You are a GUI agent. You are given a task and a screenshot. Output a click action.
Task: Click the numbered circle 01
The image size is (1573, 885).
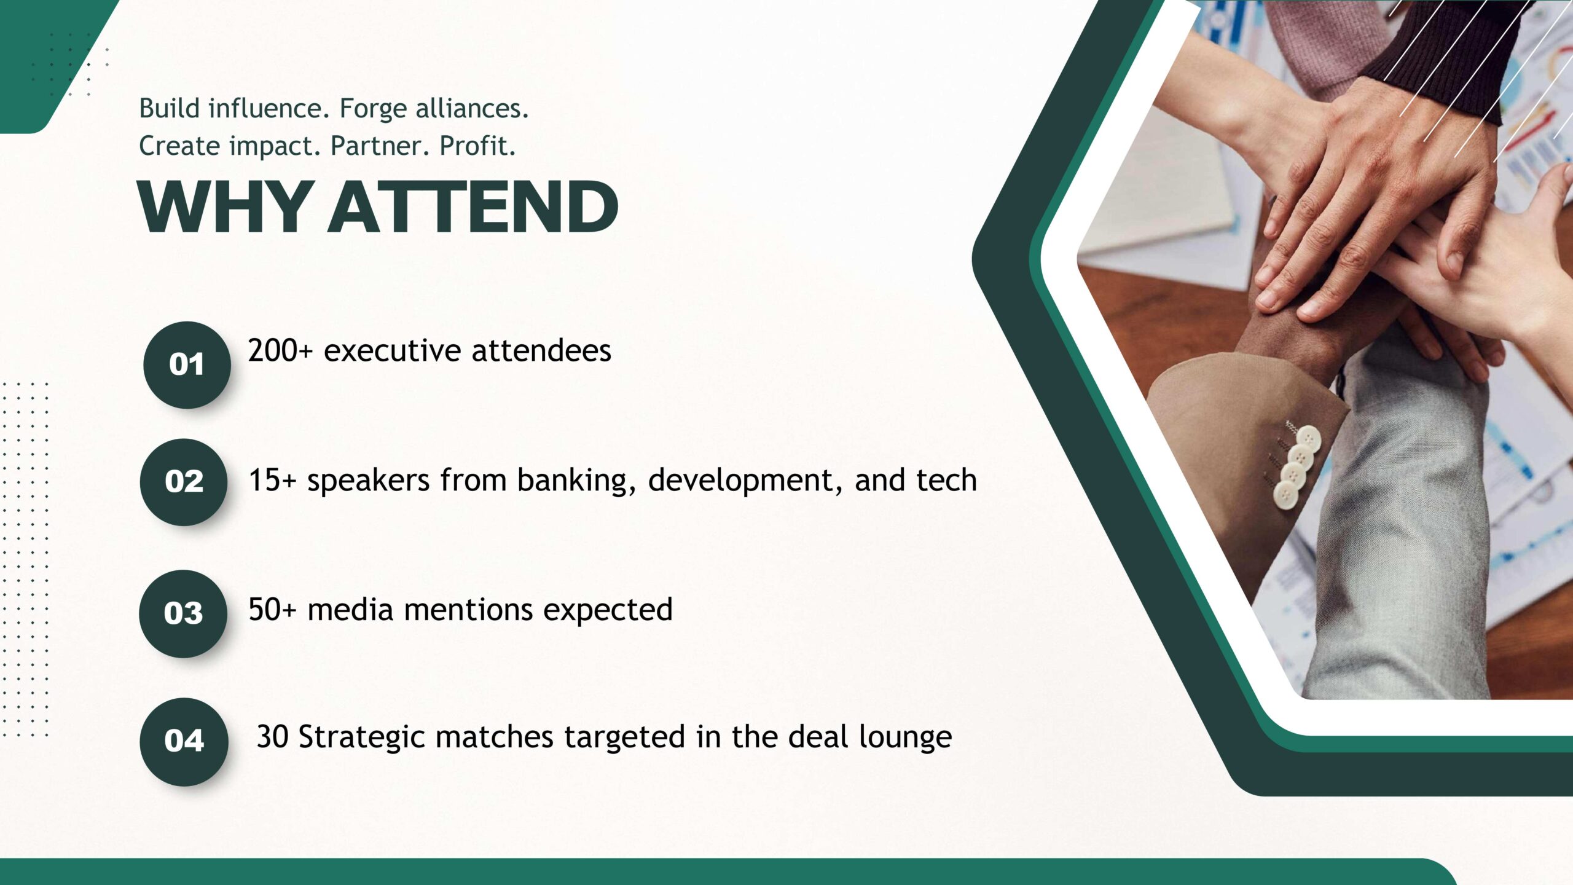(x=187, y=365)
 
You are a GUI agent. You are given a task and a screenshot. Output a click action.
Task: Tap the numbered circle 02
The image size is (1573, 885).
(x=184, y=482)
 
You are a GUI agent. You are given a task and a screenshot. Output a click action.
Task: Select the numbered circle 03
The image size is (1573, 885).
(x=183, y=613)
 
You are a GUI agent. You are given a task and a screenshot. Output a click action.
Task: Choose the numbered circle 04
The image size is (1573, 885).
(x=184, y=741)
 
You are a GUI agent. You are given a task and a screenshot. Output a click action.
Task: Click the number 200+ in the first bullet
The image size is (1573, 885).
(x=281, y=351)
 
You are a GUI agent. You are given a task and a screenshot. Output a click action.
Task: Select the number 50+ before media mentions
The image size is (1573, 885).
(x=272, y=610)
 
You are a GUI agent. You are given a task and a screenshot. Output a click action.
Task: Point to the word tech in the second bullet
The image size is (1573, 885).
(x=946, y=480)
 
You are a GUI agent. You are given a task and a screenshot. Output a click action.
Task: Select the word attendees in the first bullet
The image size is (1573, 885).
(x=541, y=351)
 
